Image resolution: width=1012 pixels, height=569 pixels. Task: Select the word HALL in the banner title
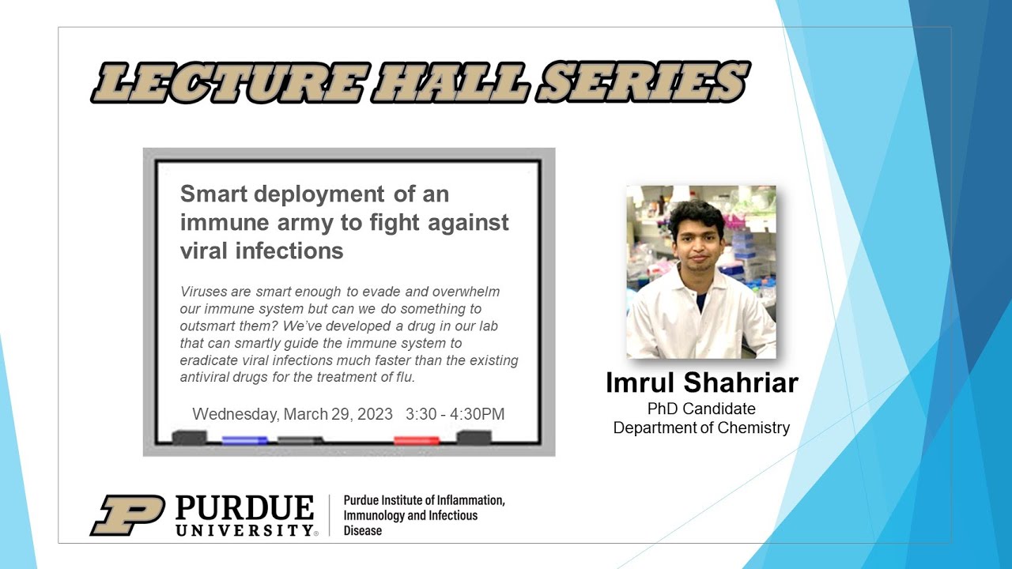pyautogui.click(x=451, y=82)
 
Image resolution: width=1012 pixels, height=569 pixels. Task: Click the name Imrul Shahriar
pyautogui.click(x=702, y=382)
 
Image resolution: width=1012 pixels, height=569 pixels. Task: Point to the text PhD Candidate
pyautogui.click(x=701, y=409)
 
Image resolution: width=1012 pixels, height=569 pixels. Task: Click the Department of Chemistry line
pyautogui.click(x=701, y=428)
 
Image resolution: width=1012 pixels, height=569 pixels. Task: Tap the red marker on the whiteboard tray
pyautogui.click(x=417, y=440)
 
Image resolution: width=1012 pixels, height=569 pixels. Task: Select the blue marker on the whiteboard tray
pyautogui.click(x=244, y=440)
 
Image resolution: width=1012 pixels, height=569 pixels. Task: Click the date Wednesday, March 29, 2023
pyautogui.click(x=293, y=414)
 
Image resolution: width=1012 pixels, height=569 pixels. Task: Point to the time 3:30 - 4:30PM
pyautogui.click(x=455, y=414)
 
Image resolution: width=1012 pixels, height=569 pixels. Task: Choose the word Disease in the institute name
pyautogui.click(x=363, y=530)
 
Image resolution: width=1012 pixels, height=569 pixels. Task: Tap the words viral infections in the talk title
pyautogui.click(x=262, y=251)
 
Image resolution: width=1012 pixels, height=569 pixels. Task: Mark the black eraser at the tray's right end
pyautogui.click(x=474, y=437)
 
